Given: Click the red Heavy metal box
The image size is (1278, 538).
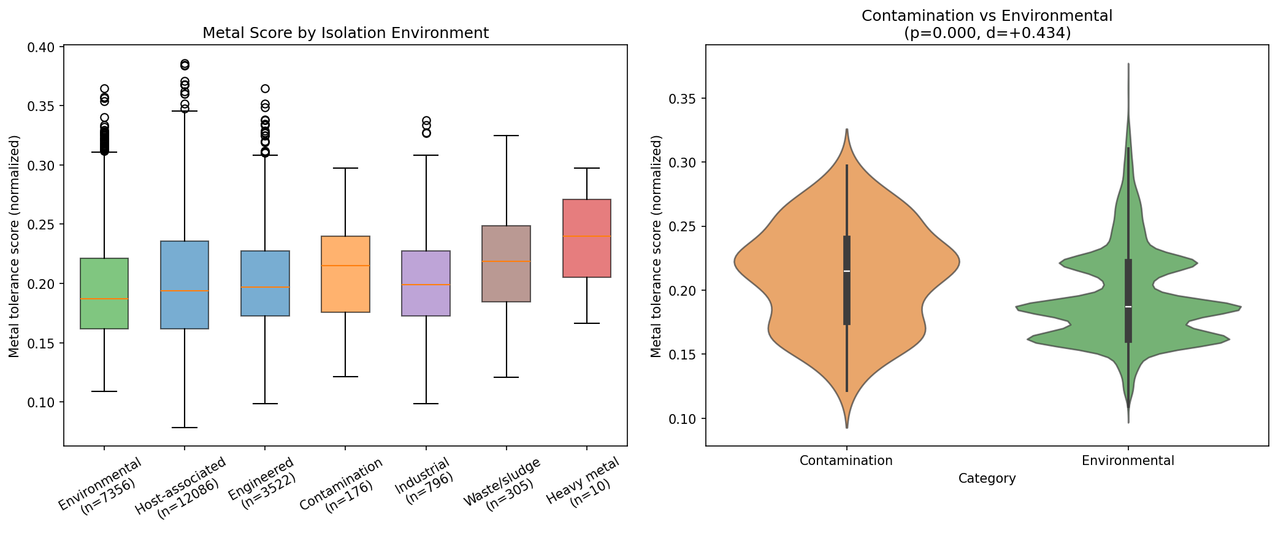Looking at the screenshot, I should click(587, 238).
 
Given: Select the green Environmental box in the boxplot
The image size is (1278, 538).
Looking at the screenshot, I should click(104, 293).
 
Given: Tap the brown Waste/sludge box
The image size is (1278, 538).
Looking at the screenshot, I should click(507, 264).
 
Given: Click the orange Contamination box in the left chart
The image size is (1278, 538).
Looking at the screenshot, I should click(345, 274).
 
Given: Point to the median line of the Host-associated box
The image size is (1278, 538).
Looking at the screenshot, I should click(185, 291).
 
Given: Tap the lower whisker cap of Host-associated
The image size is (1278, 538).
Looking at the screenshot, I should click(185, 428).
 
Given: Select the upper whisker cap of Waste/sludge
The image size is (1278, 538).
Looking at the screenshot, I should click(507, 136).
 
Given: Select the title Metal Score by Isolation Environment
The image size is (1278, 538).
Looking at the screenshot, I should click(345, 33).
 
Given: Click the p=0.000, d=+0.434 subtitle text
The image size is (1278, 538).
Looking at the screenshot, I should click(987, 33).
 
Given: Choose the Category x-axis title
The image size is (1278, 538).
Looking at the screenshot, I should click(987, 478).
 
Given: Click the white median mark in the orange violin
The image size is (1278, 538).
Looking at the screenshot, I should click(847, 271).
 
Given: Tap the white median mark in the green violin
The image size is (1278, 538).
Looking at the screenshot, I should click(1128, 307).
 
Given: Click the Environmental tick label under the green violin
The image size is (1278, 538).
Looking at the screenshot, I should click(1128, 461).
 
